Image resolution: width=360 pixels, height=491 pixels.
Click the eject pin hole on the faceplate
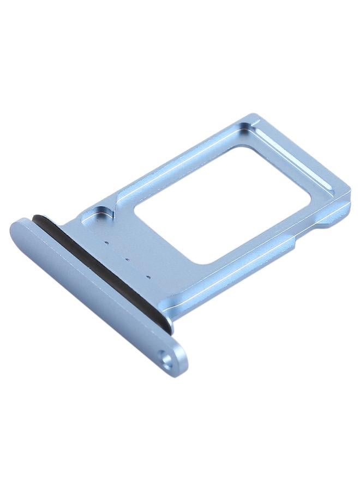pos(166,358)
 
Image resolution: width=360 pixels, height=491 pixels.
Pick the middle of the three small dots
pos(128,259)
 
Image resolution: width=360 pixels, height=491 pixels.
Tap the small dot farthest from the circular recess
pos(149,278)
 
